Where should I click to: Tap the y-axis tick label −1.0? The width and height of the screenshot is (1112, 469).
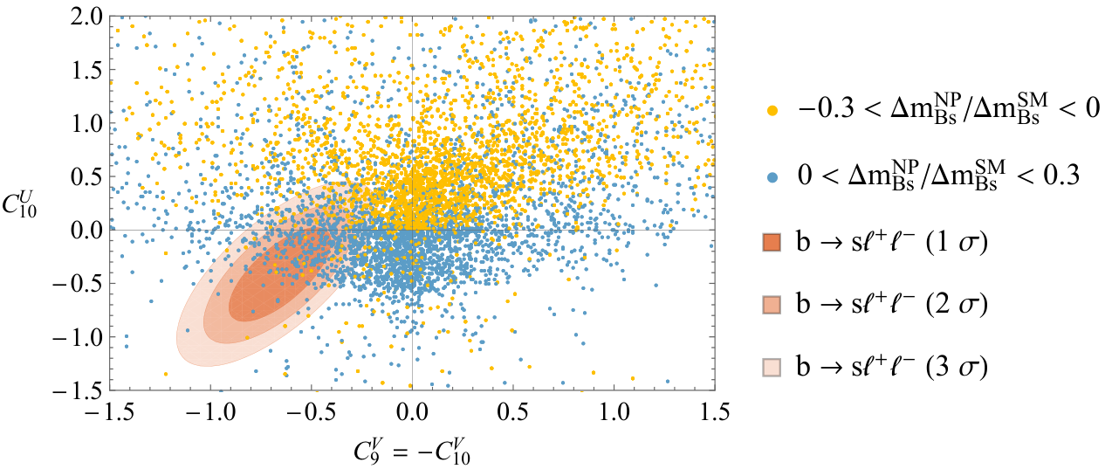[x=78, y=338]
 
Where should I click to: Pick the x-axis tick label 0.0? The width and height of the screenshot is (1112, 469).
[x=412, y=412]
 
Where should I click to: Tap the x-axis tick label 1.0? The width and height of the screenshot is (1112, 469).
[x=614, y=412]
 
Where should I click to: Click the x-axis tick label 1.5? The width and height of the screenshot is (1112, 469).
[x=715, y=412]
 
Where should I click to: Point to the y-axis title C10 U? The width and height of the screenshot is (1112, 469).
[x=20, y=203]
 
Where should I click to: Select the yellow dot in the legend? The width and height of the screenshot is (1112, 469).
[x=772, y=111]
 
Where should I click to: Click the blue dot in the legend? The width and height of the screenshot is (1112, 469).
[x=772, y=177]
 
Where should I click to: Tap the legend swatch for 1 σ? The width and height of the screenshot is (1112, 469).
[x=772, y=243]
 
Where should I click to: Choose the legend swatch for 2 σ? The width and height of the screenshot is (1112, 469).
[x=772, y=305]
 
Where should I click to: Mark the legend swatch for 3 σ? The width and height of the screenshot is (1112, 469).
[x=772, y=367]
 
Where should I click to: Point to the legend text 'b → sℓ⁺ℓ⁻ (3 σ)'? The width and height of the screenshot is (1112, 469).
[x=892, y=367]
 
